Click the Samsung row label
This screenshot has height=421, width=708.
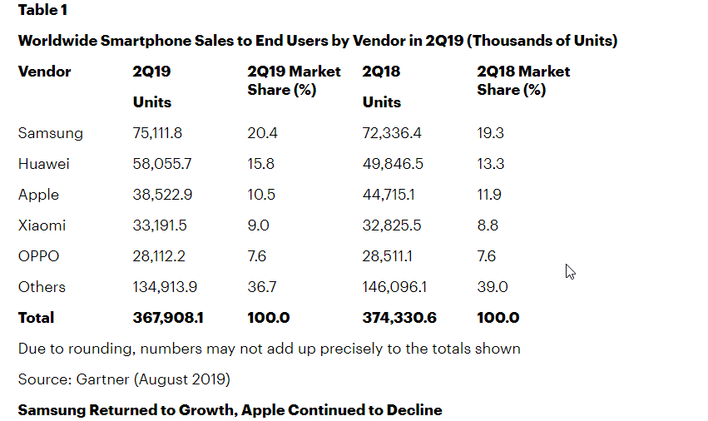51,133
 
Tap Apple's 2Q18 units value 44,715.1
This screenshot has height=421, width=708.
393,195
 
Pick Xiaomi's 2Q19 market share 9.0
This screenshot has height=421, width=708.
259,225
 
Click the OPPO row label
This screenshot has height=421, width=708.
39,256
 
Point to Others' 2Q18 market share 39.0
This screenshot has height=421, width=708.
493,287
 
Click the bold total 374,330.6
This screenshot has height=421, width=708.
399,318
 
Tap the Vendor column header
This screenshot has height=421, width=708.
45,72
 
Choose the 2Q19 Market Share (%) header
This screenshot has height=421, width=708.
294,81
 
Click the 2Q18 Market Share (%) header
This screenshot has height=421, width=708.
523,81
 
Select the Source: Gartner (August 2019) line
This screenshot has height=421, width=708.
124,379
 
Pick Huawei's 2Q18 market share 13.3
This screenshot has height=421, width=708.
491,164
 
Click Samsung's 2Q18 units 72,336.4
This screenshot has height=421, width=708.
393,133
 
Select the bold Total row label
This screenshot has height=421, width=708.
36,318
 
